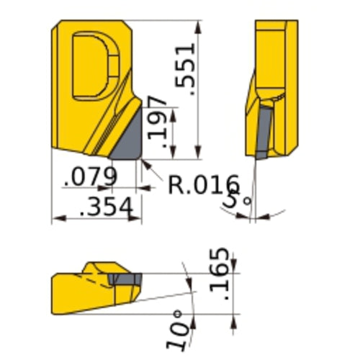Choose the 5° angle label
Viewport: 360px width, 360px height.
(x=231, y=201)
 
